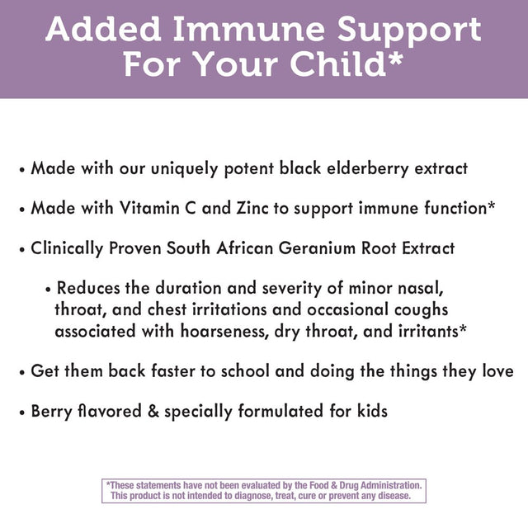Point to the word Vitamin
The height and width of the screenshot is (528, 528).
pyautogui.click(x=153, y=208)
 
